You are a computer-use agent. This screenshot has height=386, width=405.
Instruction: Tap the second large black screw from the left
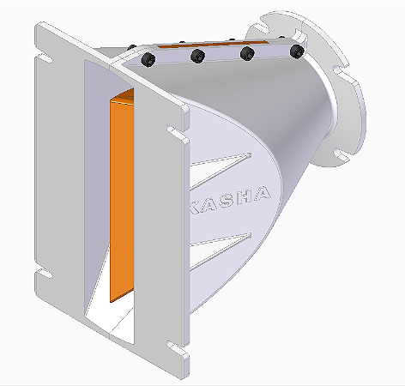point(198,57)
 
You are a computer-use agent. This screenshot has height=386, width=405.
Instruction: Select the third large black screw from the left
point(248,54)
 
